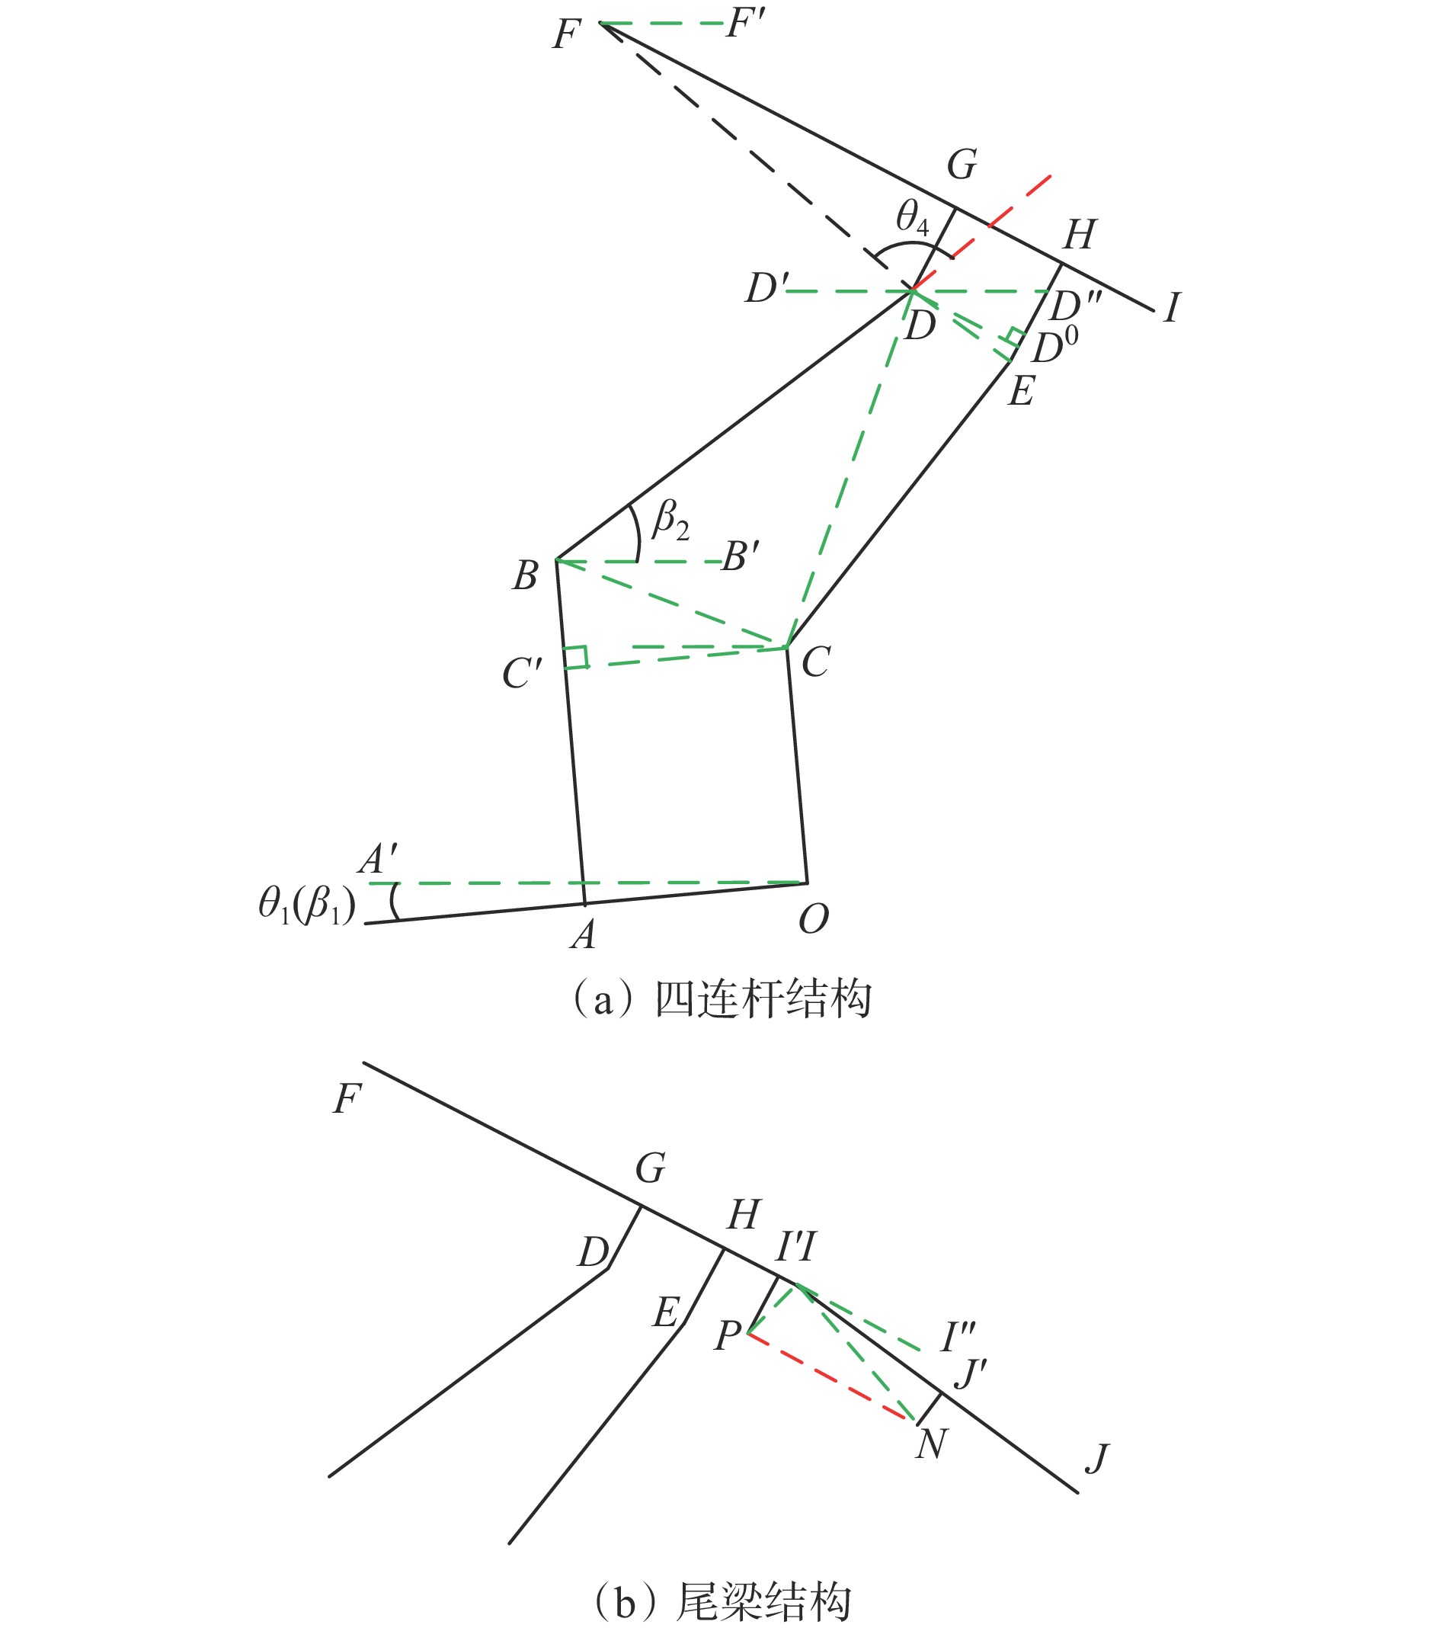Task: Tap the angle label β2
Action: (671, 520)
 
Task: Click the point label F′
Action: (747, 24)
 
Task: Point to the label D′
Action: (766, 287)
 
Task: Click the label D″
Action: (1074, 304)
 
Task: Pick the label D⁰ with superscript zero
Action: (1055, 345)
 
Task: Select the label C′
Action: (523, 674)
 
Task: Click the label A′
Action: (377, 860)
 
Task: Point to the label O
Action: (813, 919)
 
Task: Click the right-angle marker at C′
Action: (576, 656)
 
